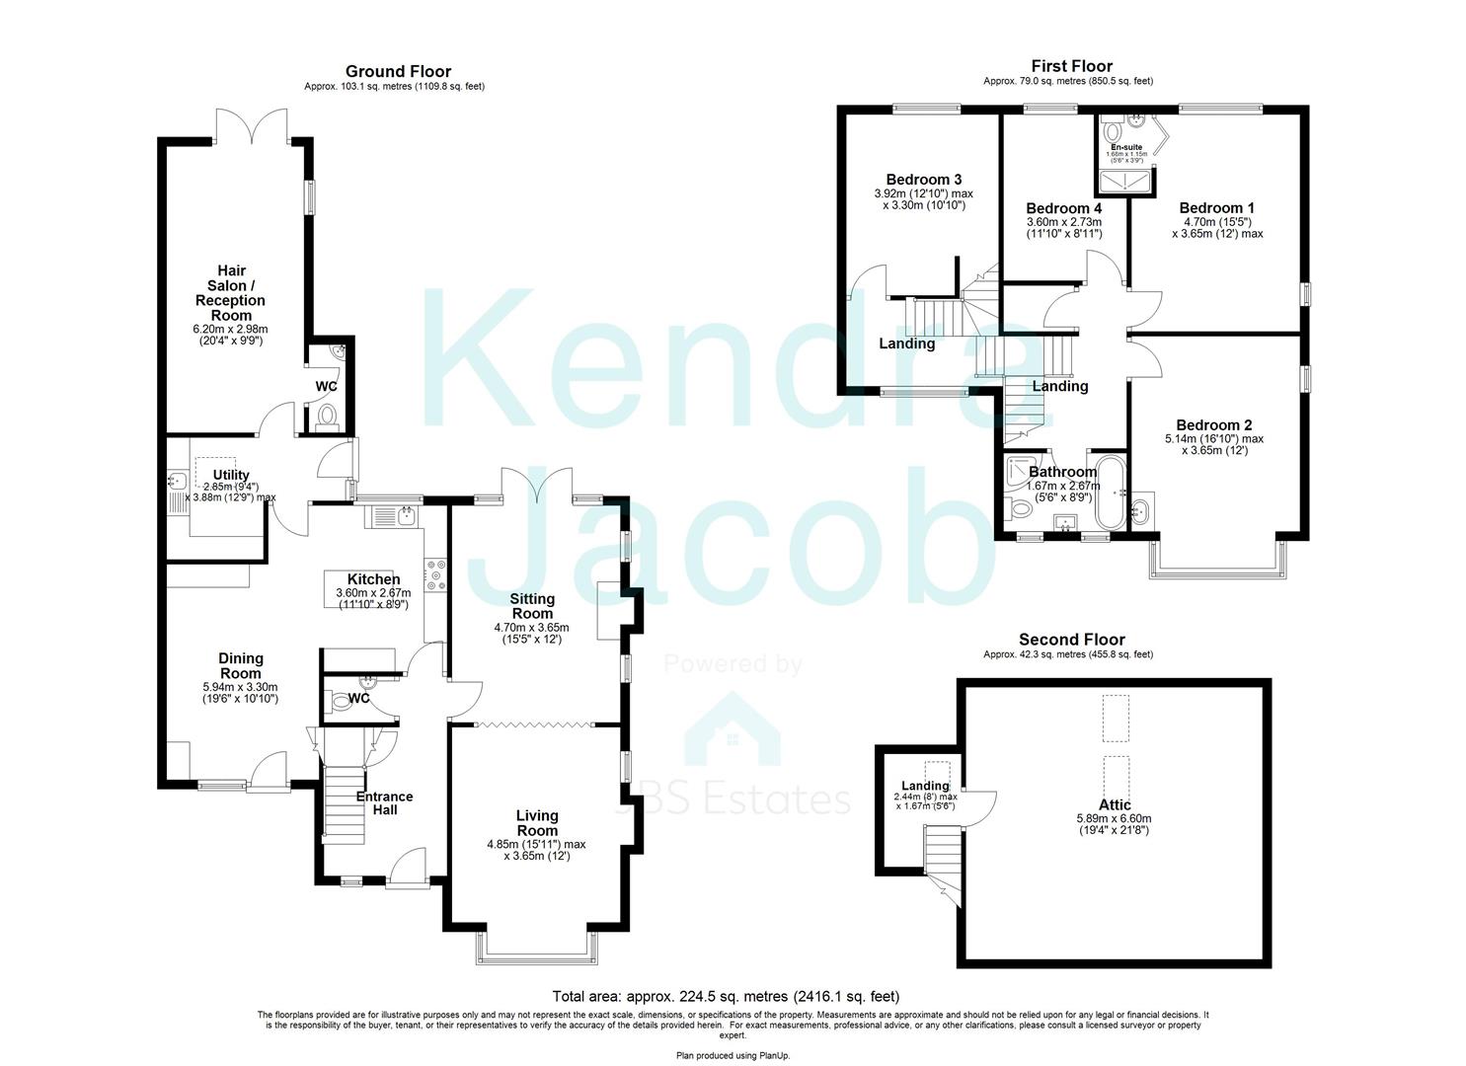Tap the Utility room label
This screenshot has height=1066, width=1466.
[232, 476]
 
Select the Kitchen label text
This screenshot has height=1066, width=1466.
[373, 579]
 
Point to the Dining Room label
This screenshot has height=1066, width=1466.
[240, 666]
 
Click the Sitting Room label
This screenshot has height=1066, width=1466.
[531, 606]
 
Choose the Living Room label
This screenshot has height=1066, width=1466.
[536, 823]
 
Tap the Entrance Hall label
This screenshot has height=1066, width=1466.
[384, 803]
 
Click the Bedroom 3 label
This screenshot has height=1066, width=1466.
[923, 180]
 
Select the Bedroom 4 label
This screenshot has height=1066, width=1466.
[1063, 209]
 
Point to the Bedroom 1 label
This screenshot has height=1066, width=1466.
[1216, 208]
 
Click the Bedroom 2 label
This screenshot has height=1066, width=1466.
[1213, 425]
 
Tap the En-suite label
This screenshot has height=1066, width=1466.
[1126, 147]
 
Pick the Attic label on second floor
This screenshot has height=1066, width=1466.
[1115, 805]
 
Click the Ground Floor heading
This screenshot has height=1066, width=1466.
[398, 71]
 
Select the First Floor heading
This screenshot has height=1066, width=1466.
[1071, 66]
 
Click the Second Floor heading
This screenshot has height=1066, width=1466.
[1071, 640]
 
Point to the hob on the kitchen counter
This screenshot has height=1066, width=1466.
[435, 574]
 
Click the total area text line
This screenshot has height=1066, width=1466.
[726, 997]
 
